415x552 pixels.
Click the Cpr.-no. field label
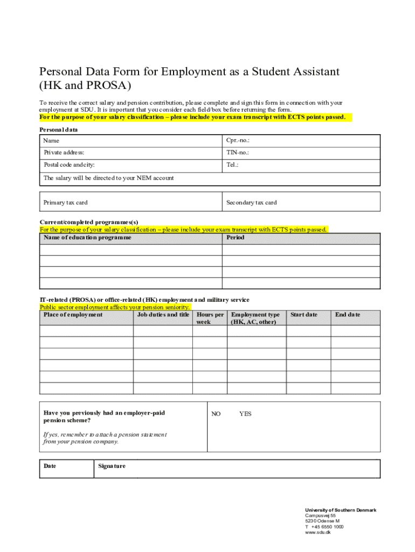238,141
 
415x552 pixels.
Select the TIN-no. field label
238,153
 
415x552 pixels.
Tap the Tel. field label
232,165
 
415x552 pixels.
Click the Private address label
64,153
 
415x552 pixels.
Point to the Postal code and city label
73,165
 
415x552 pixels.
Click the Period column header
235,238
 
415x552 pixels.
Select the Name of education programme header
87,238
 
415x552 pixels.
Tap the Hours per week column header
210,318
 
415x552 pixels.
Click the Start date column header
304,315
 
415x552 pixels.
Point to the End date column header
348,315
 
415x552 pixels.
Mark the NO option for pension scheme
216,414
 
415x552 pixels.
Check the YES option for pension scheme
245,414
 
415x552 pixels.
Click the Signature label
112,466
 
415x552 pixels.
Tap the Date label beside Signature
50,466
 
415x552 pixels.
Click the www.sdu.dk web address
317,533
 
